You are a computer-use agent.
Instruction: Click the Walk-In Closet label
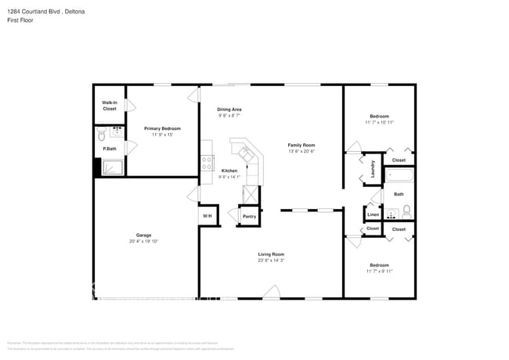pos(109,106)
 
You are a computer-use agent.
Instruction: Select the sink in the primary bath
pos(116,132)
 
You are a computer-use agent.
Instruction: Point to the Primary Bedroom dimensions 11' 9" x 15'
pos(162,135)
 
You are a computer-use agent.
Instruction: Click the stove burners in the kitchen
pos(208,163)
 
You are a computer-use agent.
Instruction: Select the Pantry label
pos(249,216)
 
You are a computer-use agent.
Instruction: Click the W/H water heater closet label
pos(208,216)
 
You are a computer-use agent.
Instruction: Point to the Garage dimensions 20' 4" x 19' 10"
pos(143,241)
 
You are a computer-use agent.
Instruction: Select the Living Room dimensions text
pos(271,260)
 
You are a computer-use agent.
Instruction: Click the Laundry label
pos(373,169)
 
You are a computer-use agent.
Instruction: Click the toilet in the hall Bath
pos(406,210)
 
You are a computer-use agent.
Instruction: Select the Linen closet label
pos(373,214)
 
